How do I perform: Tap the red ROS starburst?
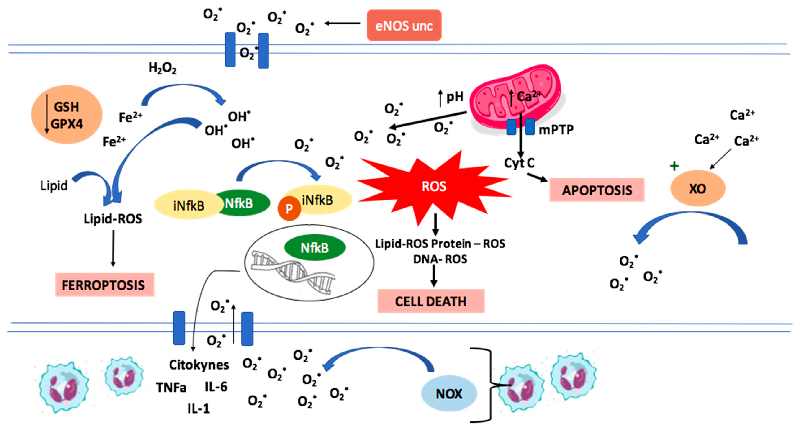pos(434,186)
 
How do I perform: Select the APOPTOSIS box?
pos(597,190)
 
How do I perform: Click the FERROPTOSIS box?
pos(104,285)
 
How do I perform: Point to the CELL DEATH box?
pos(430,301)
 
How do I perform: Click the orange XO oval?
pos(697,188)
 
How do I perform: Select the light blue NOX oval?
pos(449,394)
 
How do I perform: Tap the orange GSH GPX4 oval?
pos(67,115)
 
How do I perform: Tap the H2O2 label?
pos(162,68)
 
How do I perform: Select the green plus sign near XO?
pos(674,166)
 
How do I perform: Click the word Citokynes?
pos(199,365)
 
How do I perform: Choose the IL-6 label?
pos(216,387)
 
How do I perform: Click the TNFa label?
pos(171,387)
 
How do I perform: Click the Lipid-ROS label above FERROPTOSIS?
pos(113,219)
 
